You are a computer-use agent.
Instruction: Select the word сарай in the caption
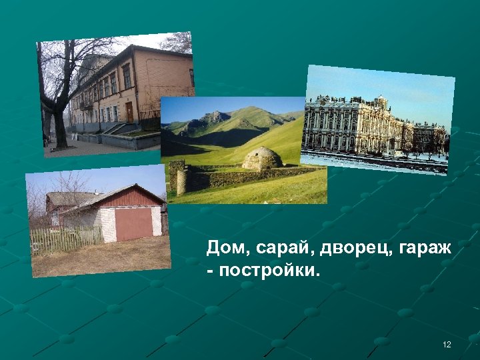tap(279, 249)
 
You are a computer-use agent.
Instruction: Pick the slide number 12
tap(447, 344)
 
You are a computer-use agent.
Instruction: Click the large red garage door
tap(133, 225)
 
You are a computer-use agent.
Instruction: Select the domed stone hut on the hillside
tap(261, 159)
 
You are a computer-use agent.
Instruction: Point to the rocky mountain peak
tap(215, 118)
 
